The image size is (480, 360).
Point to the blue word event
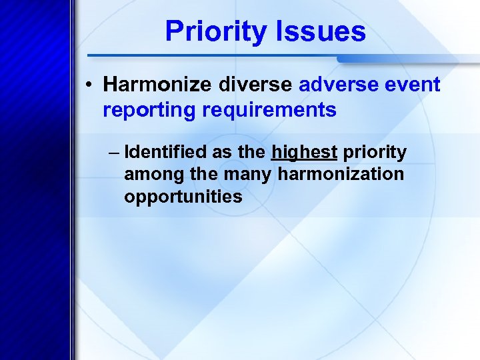click(413, 85)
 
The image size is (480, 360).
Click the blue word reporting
click(146, 110)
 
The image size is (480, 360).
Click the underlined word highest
click(304, 153)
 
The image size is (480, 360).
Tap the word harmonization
click(341, 175)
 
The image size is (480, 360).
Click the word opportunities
click(183, 197)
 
